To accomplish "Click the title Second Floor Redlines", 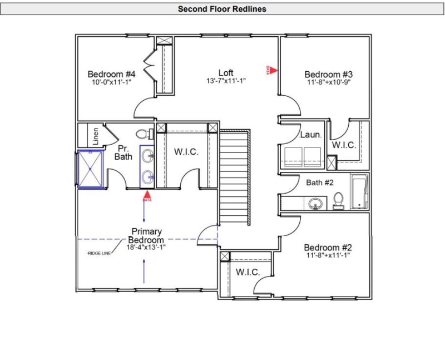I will pos(222,9).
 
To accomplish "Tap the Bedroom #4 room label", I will pos(112,75).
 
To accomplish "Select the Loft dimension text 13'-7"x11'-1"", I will pos(226,81).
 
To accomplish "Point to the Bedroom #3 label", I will pos(329,75).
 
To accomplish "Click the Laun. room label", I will pos(311,135).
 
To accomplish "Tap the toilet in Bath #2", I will pos(338,201).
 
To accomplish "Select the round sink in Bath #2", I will pos(316,204).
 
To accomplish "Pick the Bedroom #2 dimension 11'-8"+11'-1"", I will pos(328,256).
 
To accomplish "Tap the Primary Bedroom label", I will pos(146,235).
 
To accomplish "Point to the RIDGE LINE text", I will pos(100,253).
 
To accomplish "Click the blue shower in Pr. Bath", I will pos(90,169).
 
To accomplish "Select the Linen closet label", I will pos(96,136).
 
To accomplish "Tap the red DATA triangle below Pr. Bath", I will pos(147,196).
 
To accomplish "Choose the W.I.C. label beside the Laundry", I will pos(344,145).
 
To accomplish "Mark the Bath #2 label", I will pos(319,182).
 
